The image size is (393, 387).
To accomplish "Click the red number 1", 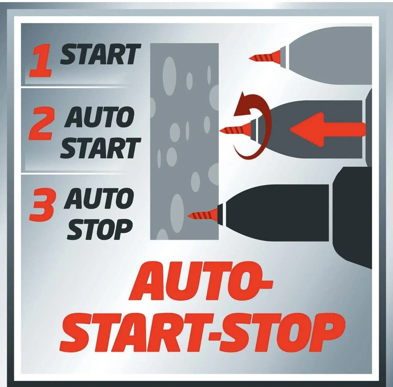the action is pyautogui.click(x=41, y=61).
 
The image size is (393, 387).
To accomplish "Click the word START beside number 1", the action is pyautogui.click(x=100, y=54).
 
